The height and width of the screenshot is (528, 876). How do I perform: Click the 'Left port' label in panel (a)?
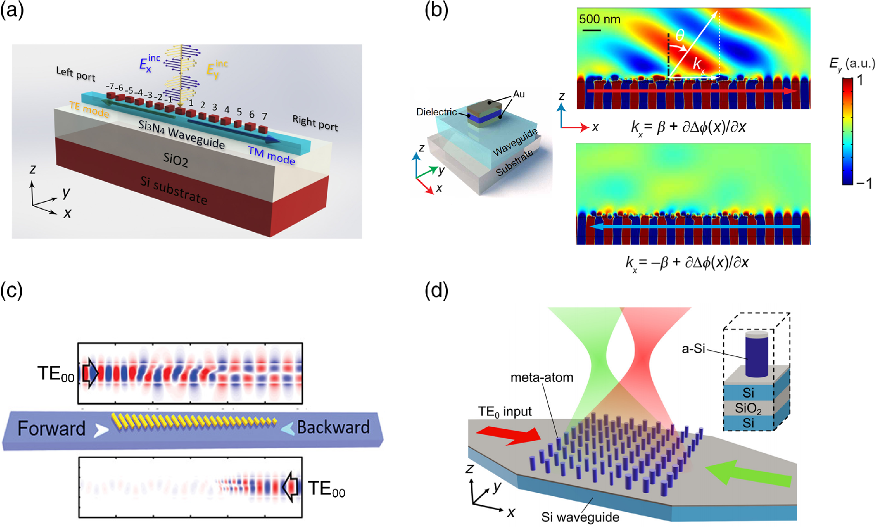click(x=75, y=74)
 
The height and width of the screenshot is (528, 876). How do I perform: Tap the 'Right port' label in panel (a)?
click(x=315, y=123)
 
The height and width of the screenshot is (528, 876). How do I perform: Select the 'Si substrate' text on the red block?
click(x=174, y=191)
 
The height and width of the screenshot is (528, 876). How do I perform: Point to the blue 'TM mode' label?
click(x=271, y=156)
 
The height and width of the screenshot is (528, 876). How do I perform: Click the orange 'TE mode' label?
click(x=89, y=109)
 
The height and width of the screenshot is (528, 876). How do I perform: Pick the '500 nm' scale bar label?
click(x=600, y=19)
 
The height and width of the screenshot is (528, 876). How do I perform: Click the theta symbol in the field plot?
click(x=680, y=35)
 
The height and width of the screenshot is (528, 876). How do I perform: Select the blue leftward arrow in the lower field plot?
click(x=693, y=227)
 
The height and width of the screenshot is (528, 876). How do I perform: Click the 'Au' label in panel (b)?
click(x=519, y=94)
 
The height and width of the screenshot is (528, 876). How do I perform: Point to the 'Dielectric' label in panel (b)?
click(x=437, y=112)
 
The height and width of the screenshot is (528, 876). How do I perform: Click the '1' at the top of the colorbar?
click(x=860, y=80)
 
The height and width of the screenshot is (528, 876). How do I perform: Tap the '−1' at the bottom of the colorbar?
click(x=864, y=184)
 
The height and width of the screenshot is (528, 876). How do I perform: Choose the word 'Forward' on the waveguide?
click(x=51, y=429)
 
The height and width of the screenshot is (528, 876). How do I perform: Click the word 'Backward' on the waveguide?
click(x=333, y=427)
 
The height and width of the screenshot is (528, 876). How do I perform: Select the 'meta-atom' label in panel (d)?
click(x=542, y=378)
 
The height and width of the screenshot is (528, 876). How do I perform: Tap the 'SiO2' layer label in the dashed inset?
click(x=748, y=409)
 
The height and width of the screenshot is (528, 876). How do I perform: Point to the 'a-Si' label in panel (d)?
click(x=693, y=349)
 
